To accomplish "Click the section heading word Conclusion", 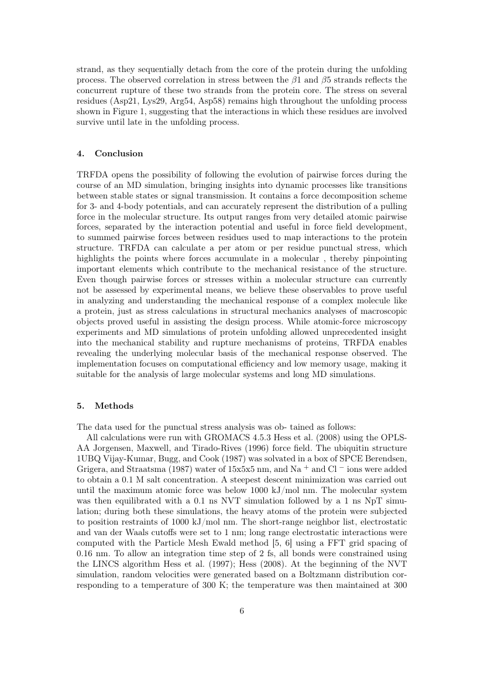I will [119, 153].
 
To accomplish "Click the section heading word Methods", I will [114, 405].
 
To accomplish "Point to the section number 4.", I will [80, 153].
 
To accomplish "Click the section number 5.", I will [80, 405].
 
